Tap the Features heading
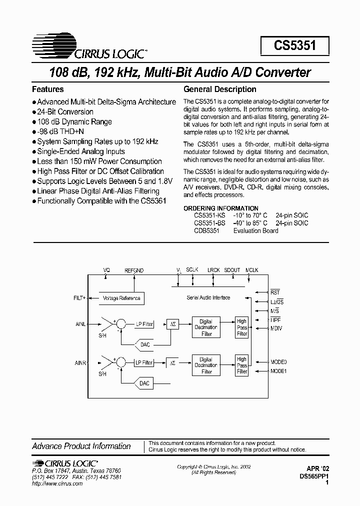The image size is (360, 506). (48, 89)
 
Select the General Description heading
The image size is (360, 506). (220, 89)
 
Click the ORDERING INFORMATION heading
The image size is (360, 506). (221, 208)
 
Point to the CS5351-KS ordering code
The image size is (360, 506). (209, 215)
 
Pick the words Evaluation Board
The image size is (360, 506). (256, 230)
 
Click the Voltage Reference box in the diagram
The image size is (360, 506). (121, 298)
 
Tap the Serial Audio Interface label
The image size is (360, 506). (208, 298)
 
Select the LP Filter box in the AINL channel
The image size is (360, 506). (144, 324)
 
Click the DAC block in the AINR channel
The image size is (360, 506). (144, 383)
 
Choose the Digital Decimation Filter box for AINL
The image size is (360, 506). (206, 327)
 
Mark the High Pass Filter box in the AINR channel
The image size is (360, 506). (242, 365)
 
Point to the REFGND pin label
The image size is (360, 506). (134, 270)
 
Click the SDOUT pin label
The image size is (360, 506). (231, 270)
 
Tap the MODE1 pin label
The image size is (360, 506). (278, 371)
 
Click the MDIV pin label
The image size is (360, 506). (276, 328)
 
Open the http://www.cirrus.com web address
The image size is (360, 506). (57, 484)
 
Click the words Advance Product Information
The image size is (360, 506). (81, 446)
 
